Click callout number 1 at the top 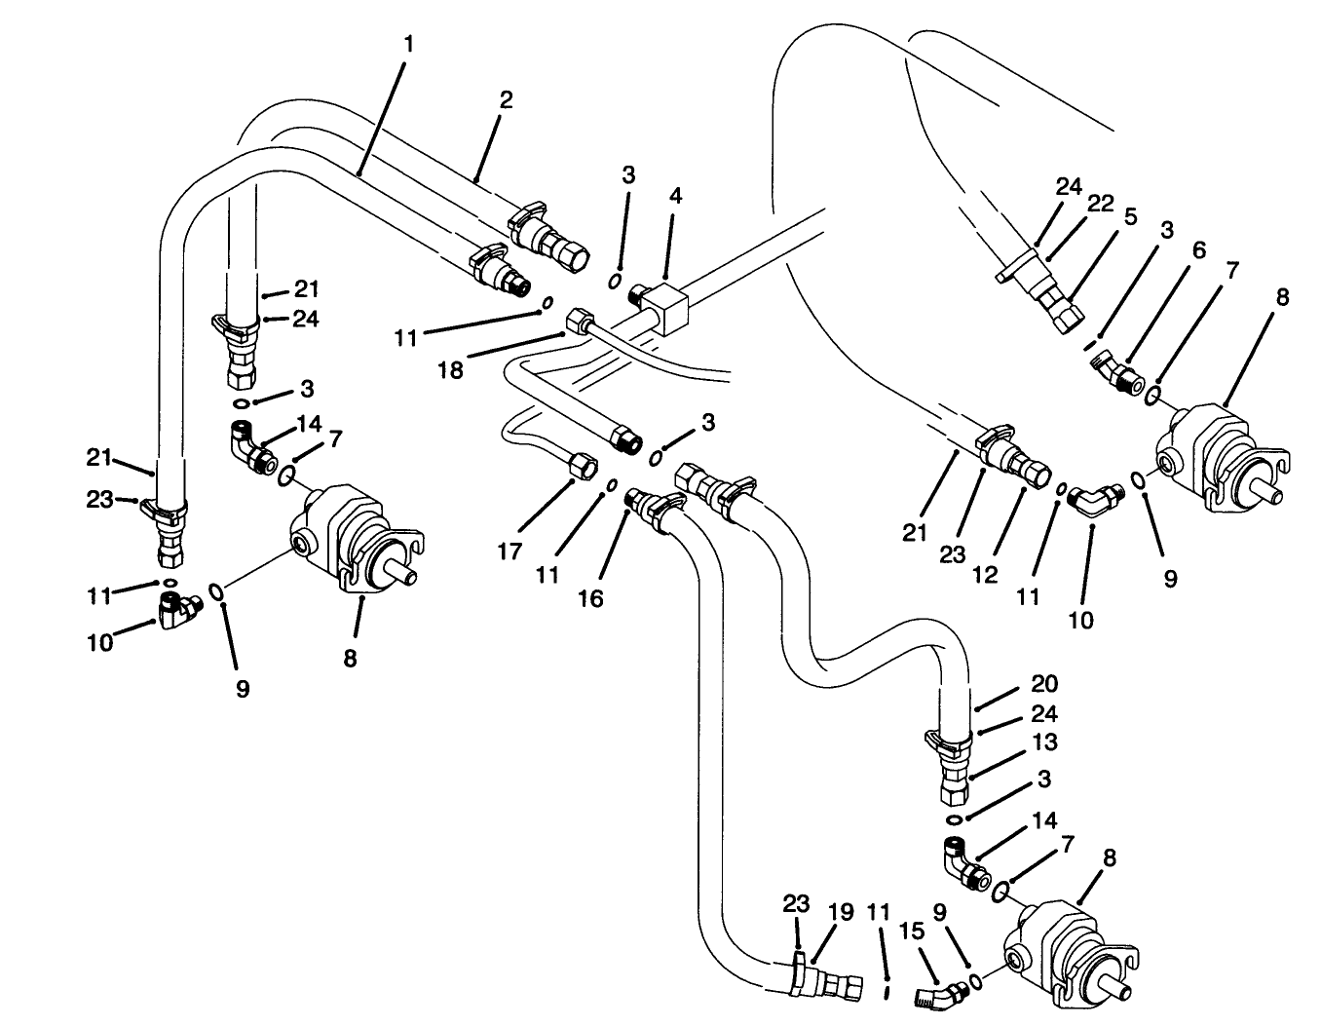[x=409, y=44]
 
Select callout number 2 [x=506, y=100]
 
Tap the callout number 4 [x=675, y=195]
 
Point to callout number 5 [x=1129, y=216]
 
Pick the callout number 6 [x=1198, y=250]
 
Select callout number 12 [x=985, y=575]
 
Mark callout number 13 [x=1044, y=742]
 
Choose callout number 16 [x=591, y=598]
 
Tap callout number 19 [x=841, y=912]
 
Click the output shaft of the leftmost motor [x=398, y=573]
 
